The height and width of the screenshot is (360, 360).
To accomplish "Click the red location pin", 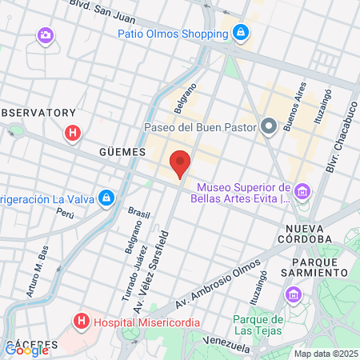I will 180,163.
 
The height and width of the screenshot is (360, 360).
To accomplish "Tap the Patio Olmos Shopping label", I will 171,34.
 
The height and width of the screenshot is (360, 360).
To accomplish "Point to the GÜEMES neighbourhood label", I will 122,151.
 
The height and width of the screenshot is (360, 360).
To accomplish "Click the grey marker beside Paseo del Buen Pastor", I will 270,126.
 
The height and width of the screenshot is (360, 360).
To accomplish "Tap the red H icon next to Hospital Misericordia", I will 81,322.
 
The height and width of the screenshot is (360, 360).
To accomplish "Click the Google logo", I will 26,350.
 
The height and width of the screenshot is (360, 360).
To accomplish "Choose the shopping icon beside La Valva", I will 106,198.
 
